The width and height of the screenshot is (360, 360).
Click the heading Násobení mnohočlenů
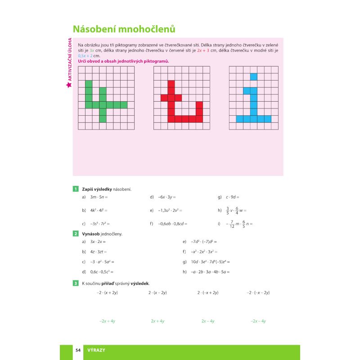pos(124,29)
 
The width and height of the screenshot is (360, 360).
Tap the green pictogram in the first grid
pos(103,104)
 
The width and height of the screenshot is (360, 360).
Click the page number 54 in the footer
pos(78,350)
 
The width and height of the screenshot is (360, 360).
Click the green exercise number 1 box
pos(75,189)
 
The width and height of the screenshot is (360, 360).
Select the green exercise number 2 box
pos(75,234)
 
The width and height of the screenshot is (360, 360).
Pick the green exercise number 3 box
pos(75,283)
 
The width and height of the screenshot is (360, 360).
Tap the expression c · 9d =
pos(233,197)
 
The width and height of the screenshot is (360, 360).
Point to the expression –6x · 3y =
pos(166,197)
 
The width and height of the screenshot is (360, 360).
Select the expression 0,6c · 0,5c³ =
pos(101,272)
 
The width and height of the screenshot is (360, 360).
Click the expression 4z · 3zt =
pos(99,252)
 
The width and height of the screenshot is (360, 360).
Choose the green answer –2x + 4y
pos(107,321)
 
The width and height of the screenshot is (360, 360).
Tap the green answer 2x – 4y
pos(208,321)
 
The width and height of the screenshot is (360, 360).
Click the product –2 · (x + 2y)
pos(107,293)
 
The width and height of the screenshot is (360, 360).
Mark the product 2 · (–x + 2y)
pos(208,293)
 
